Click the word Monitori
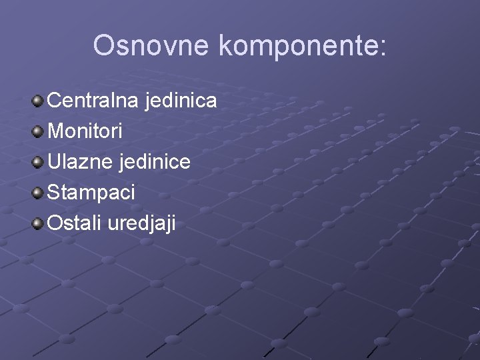pos(85,131)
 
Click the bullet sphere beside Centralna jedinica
pos(39,101)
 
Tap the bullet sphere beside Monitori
pos(39,131)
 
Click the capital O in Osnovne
pos(105,45)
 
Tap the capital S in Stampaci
pos(54,193)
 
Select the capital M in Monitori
pos(56,131)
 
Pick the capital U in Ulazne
pos(54,162)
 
